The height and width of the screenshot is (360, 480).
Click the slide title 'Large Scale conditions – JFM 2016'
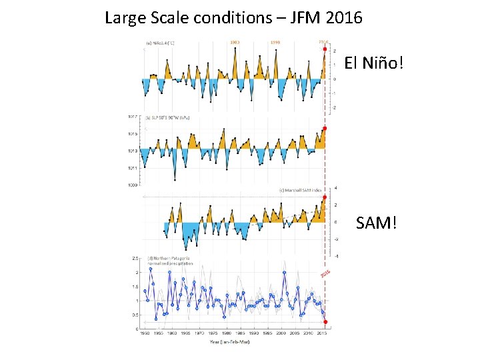pos(233,17)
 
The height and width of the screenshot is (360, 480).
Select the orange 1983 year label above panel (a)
pos(235,42)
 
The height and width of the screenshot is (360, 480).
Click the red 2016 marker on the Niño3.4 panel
pos(325,49)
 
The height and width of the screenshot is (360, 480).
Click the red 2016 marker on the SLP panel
pos(325,128)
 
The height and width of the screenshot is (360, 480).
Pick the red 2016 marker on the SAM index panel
pos(325,197)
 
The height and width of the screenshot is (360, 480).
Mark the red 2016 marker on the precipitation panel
pos(325,321)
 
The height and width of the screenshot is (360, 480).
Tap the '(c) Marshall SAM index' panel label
pos(300,190)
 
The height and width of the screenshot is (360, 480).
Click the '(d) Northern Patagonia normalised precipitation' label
pos(169,260)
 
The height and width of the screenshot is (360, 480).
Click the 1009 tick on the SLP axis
pos(132,185)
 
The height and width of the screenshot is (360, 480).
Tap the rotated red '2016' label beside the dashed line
pos(325,273)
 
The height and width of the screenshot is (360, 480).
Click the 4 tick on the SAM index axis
pos(335,188)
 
